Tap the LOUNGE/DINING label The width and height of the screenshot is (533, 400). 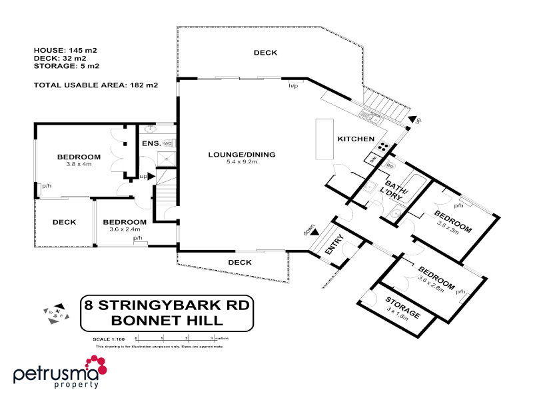[x=241, y=155]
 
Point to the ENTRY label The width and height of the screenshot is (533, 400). [x=334, y=245]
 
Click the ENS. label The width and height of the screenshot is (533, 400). [x=149, y=143]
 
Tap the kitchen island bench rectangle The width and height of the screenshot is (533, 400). [x=325, y=140]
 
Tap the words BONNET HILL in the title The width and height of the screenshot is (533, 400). [x=167, y=320]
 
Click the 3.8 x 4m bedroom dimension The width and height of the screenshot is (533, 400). [x=78, y=164]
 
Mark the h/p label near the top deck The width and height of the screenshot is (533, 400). [x=292, y=86]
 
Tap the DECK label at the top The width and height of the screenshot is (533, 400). [x=265, y=53]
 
